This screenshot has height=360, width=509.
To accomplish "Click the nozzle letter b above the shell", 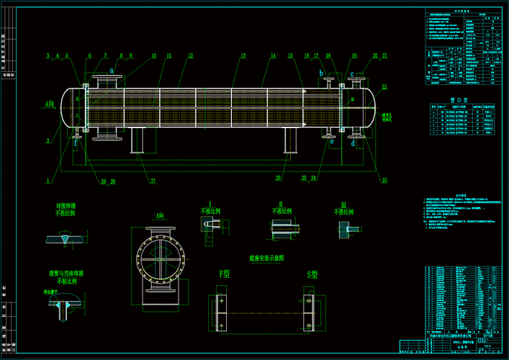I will point(321,73).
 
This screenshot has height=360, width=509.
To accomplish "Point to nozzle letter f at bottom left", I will point(76,142).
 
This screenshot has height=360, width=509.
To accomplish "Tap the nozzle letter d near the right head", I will point(353,143).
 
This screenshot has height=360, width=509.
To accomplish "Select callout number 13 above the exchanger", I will point(243,55).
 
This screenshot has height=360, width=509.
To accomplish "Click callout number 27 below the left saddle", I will point(153,181).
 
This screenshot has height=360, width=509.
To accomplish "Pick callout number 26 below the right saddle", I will point(279,177).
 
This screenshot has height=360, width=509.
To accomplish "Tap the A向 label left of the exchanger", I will point(50,104).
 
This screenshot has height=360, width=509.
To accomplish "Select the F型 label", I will point(225,274).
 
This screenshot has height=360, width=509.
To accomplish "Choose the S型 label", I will point(312,274).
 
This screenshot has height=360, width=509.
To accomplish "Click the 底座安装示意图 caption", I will point(266,257).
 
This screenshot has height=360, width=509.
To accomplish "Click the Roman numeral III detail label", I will point(343,204).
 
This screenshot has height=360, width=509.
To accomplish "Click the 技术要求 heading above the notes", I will point(459,194).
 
